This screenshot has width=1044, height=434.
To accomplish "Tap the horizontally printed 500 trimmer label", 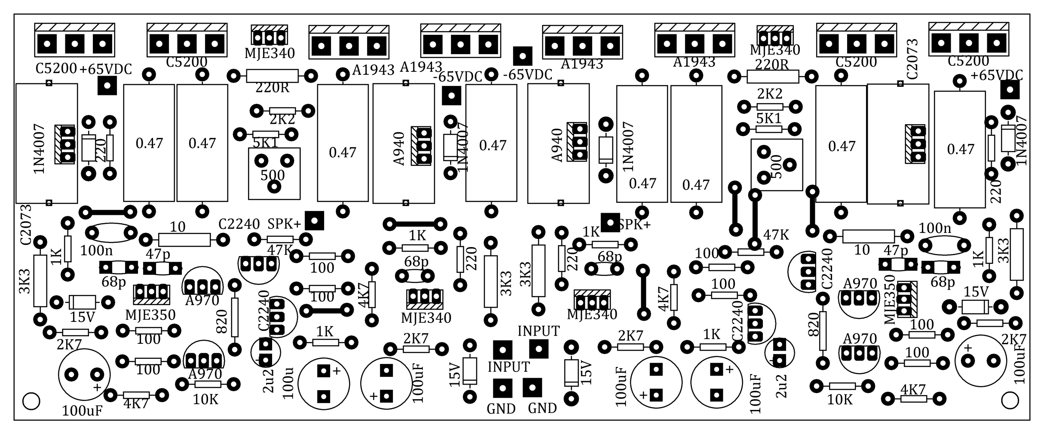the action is (x=273, y=175).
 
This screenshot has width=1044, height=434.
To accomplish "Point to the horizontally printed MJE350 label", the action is (x=150, y=315).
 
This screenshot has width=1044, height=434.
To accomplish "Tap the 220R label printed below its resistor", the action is (x=273, y=88).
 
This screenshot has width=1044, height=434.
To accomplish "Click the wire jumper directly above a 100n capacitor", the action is (x=108, y=212).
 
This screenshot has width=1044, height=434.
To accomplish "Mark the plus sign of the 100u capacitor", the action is (x=337, y=370).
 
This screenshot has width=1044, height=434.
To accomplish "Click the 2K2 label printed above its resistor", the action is (x=770, y=93).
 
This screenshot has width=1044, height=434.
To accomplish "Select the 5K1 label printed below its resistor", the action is (x=266, y=143).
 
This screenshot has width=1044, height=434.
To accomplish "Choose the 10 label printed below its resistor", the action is (x=862, y=250).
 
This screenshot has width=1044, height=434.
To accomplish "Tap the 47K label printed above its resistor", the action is (x=776, y=235).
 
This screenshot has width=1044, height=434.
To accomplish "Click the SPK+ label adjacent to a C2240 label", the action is (x=284, y=224).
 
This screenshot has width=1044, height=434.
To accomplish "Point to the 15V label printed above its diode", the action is (x=976, y=292).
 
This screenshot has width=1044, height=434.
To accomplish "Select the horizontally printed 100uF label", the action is (x=82, y=411).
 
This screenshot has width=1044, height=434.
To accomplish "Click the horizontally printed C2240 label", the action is (x=239, y=224).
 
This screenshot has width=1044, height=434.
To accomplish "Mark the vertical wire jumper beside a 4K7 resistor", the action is (x=643, y=293).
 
